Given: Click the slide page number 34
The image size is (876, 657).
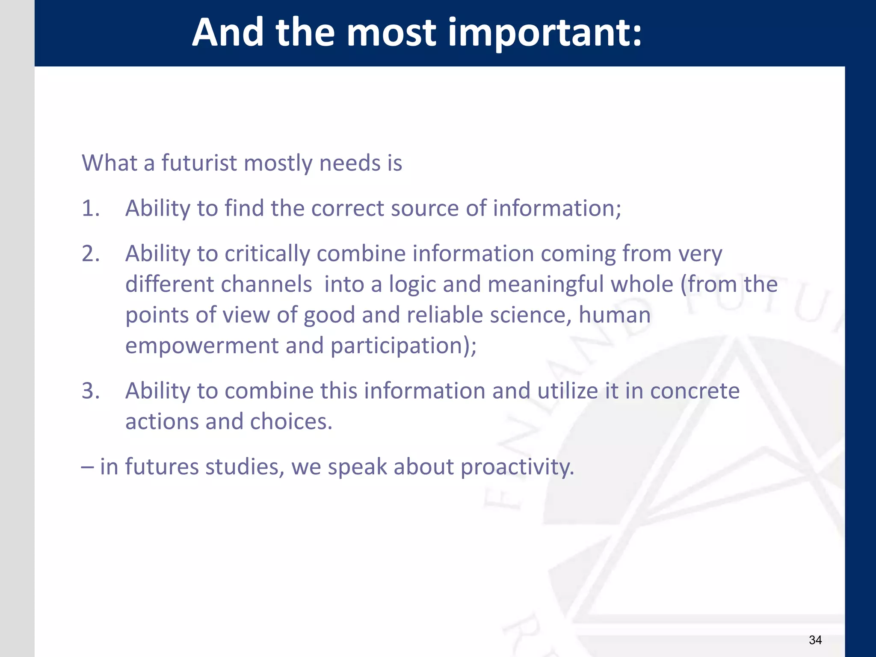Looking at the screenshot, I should click(x=815, y=640).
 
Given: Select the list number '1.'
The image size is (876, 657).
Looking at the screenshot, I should click(x=91, y=208).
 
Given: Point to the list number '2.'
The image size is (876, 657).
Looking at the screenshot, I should click(x=91, y=254).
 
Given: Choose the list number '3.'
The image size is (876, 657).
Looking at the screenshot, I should click(x=91, y=391).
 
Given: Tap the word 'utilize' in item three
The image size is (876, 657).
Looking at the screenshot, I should click(x=567, y=391).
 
